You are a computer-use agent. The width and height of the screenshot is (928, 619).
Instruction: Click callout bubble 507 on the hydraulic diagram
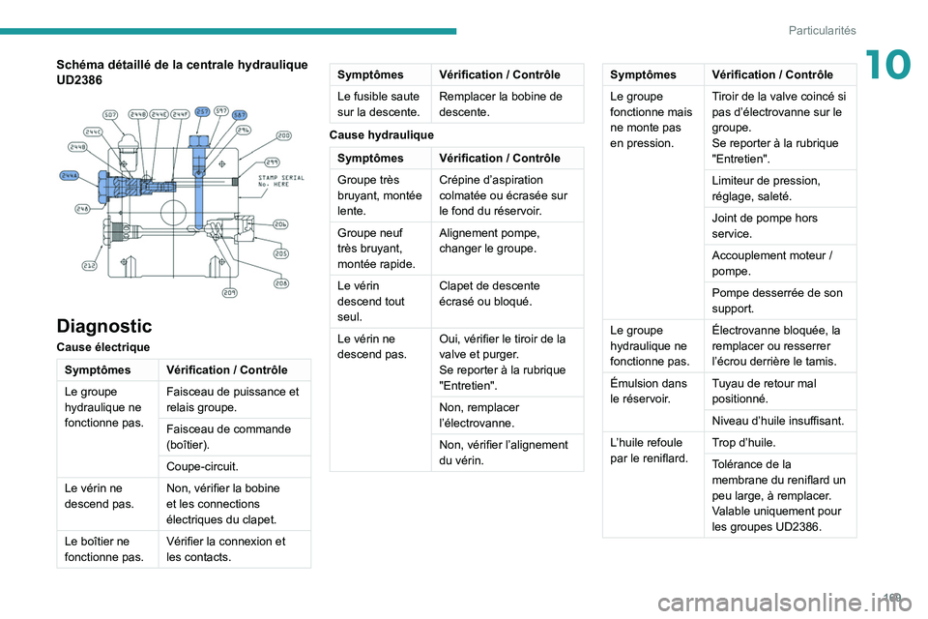(x=110, y=113)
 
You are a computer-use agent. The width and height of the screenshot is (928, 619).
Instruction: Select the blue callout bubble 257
(x=203, y=111)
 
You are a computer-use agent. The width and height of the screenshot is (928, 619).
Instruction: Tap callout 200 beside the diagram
(x=284, y=135)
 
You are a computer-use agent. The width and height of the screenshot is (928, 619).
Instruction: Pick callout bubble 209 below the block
(x=230, y=292)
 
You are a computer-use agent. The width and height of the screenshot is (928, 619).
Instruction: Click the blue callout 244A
(x=69, y=176)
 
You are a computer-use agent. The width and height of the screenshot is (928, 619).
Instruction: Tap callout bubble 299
(x=274, y=162)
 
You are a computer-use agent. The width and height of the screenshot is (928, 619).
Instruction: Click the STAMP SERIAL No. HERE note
(x=280, y=182)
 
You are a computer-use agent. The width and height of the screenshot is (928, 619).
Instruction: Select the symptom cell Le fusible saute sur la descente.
(x=380, y=103)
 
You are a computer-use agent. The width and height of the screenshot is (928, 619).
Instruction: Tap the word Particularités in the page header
(x=822, y=31)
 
